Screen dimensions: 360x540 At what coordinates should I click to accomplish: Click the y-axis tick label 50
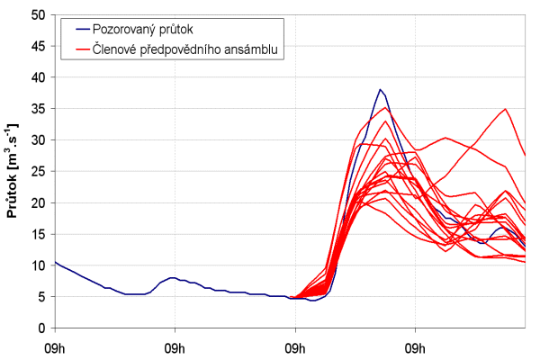(38, 15)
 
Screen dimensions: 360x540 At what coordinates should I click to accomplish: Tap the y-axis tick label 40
(38, 77)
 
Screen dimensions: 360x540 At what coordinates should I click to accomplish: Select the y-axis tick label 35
(38, 109)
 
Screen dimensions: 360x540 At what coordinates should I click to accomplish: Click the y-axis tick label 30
(38, 140)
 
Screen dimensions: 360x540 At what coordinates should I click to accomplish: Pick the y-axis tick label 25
(38, 172)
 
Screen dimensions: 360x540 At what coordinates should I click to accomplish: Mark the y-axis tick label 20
(38, 203)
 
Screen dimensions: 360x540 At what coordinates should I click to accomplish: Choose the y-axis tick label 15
(38, 234)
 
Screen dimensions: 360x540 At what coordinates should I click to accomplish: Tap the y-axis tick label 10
(38, 265)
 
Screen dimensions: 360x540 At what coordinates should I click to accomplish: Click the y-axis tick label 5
(41, 297)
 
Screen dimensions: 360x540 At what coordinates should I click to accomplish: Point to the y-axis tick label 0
(41, 328)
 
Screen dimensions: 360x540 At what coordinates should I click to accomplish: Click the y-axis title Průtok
(13, 171)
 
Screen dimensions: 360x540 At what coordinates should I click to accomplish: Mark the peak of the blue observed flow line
(381, 90)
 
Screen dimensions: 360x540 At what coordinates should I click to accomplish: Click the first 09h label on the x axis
(55, 346)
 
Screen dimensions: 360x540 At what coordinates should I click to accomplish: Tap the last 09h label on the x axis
(416, 346)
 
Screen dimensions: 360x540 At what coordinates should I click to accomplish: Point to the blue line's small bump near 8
(171, 278)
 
